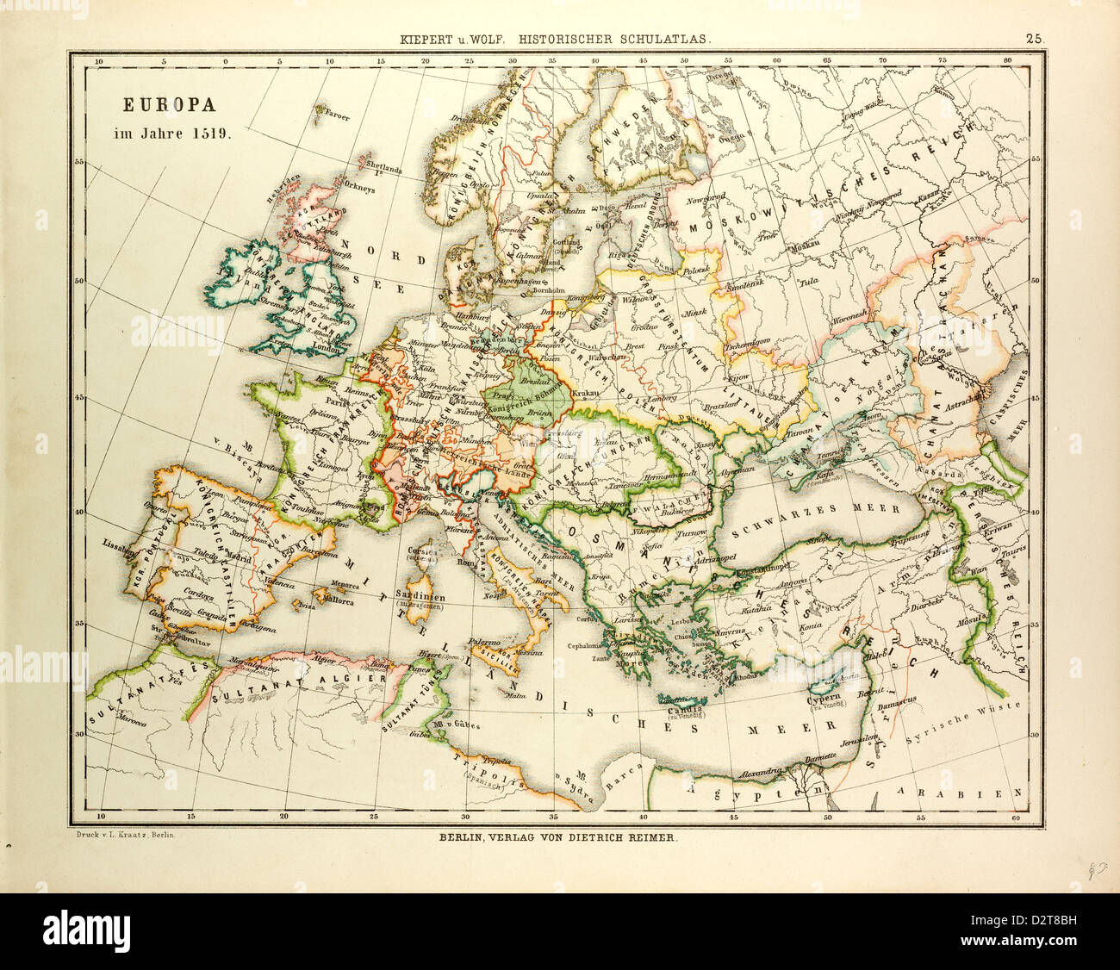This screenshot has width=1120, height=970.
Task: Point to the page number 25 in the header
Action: pyautogui.click(x=1034, y=38)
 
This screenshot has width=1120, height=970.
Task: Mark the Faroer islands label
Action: pyautogui.click(x=335, y=116)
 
